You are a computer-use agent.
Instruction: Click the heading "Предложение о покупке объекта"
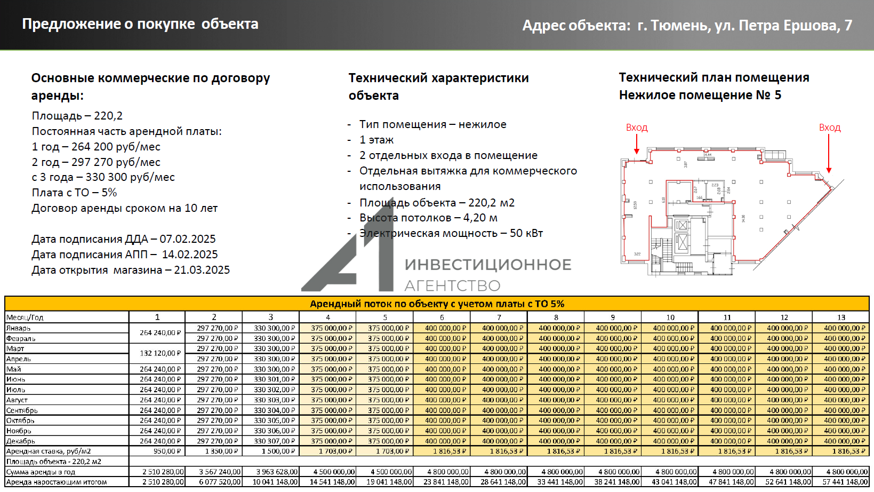pos(140,24)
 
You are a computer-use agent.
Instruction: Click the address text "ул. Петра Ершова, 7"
pos(783,26)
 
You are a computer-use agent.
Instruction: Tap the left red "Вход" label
pos(636,128)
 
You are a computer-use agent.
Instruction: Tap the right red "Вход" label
pos(829,128)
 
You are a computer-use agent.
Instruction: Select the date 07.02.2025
pos(188,239)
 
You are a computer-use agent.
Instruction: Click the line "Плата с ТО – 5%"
pos(74,193)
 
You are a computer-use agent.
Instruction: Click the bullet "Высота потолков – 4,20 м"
pos(428,218)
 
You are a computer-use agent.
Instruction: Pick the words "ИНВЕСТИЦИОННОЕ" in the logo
pos(487,265)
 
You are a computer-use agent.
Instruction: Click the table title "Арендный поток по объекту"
pos(437,304)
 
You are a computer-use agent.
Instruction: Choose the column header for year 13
pos(841,317)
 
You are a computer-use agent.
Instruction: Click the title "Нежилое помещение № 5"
pos(700,95)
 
